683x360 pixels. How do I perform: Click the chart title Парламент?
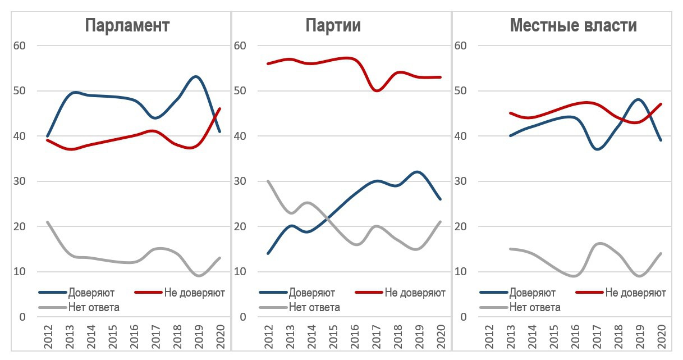click(x=127, y=26)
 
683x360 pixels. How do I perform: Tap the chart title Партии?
click(x=333, y=26)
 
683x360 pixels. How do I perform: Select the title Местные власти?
click(x=573, y=26)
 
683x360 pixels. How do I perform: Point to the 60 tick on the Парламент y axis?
click(x=19, y=45)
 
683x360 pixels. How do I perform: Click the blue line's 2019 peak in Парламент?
click(x=196, y=76)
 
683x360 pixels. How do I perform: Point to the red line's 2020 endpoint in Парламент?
click(x=219, y=108)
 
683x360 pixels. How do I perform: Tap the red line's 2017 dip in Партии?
click(x=376, y=90)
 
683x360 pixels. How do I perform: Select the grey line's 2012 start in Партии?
click(x=268, y=181)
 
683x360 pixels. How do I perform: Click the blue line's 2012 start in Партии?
click(x=268, y=253)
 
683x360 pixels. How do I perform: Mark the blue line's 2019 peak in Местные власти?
click(x=639, y=99)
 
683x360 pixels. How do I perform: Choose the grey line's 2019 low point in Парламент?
click(x=199, y=276)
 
